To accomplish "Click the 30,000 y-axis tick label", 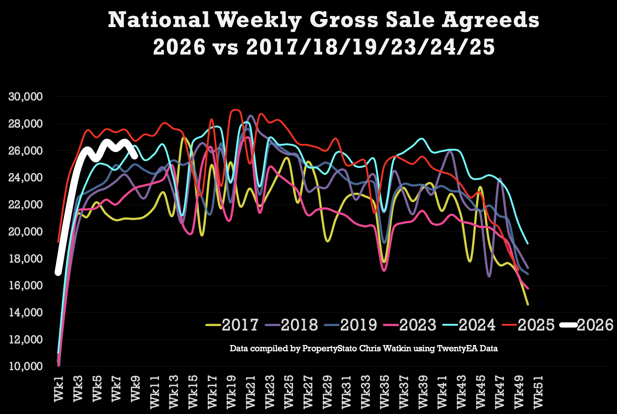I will tap(26, 97).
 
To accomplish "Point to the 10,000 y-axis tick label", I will tap(26, 367).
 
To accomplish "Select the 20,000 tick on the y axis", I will tap(26, 232).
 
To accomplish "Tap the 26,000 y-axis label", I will tap(26, 151).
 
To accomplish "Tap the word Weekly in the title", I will tap(258, 21).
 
